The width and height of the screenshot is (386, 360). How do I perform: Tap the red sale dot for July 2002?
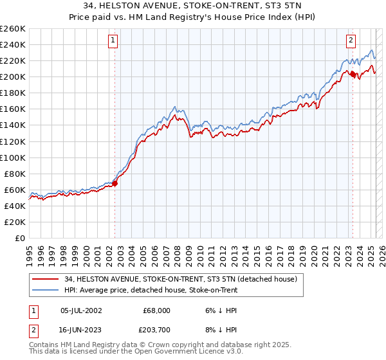coord(115,183)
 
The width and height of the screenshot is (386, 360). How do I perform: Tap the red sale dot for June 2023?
coord(353,74)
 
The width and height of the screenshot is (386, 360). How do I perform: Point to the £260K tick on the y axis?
coord(13,29)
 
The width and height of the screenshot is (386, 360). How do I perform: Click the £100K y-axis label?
coord(13,157)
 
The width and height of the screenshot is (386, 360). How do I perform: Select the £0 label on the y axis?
coord(19,238)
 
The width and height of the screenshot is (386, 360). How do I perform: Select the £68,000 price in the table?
coord(156,310)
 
